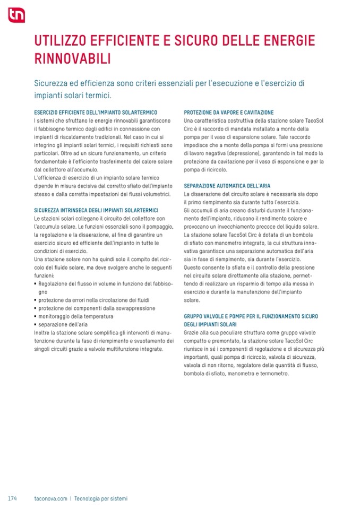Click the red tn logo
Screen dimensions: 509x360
tap(16, 15)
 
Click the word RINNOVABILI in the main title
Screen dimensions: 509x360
tap(72, 58)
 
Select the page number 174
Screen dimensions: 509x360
tap(13, 498)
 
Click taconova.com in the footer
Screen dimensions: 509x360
tap(50, 498)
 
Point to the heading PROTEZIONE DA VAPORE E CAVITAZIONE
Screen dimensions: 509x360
tap(228, 113)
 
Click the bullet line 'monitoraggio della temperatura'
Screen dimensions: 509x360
tap(76, 316)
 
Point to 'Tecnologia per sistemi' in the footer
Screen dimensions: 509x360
tap(101, 498)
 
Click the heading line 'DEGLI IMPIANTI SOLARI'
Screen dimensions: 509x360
tap(210, 324)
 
